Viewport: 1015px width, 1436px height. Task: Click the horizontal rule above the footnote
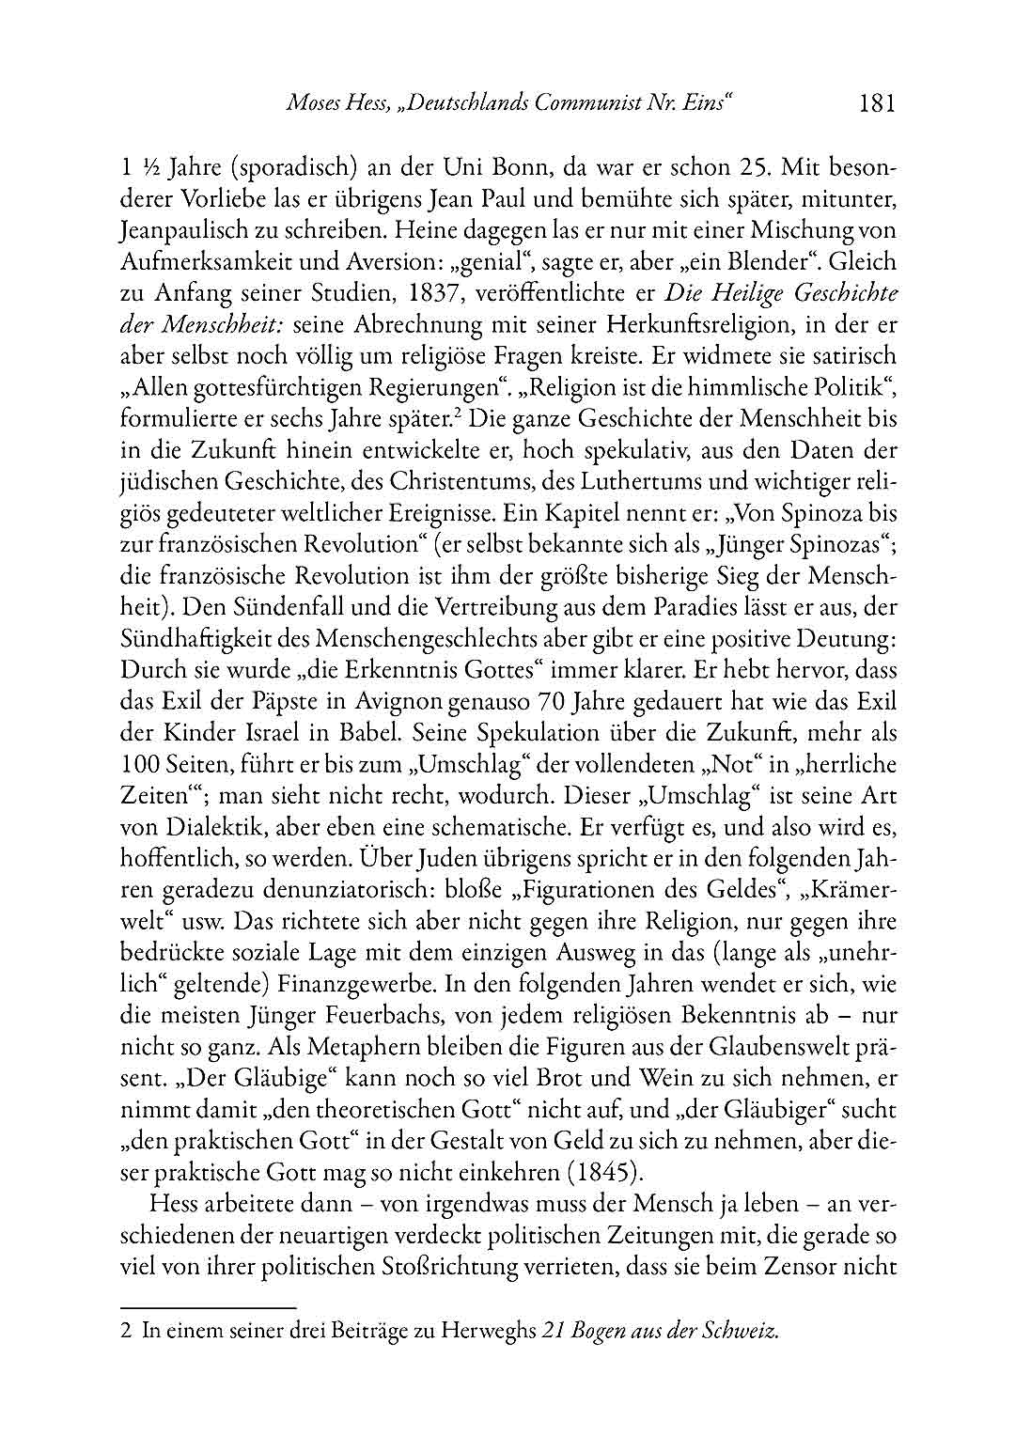coord(209,1306)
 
